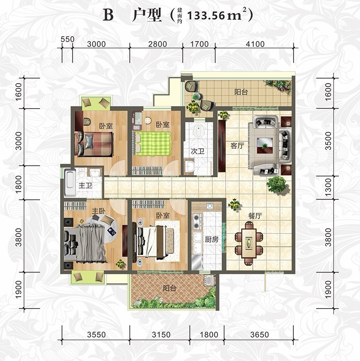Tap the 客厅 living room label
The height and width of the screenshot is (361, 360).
[x=237, y=146]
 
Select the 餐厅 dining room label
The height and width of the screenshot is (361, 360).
[x=255, y=216]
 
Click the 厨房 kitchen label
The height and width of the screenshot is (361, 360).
[x=212, y=240]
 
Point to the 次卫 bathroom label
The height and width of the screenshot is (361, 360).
[x=198, y=151]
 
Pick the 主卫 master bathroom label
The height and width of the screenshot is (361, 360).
[x=85, y=185]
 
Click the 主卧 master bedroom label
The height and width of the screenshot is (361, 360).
[x=98, y=211]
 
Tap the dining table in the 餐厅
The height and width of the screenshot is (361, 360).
[x=249, y=243]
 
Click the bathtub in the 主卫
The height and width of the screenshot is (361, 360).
[x=70, y=183]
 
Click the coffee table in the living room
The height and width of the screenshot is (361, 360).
[x=265, y=146]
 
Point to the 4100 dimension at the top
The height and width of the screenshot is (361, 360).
[x=255, y=44]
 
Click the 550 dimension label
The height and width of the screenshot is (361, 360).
[x=68, y=39]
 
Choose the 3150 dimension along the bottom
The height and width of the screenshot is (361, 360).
[x=161, y=335]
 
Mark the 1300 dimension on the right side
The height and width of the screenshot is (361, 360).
[x=328, y=187]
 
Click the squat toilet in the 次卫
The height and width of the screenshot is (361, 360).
[x=198, y=131]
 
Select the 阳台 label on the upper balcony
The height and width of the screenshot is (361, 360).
[x=241, y=92]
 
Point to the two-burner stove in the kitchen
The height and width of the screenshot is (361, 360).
[x=196, y=221]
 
